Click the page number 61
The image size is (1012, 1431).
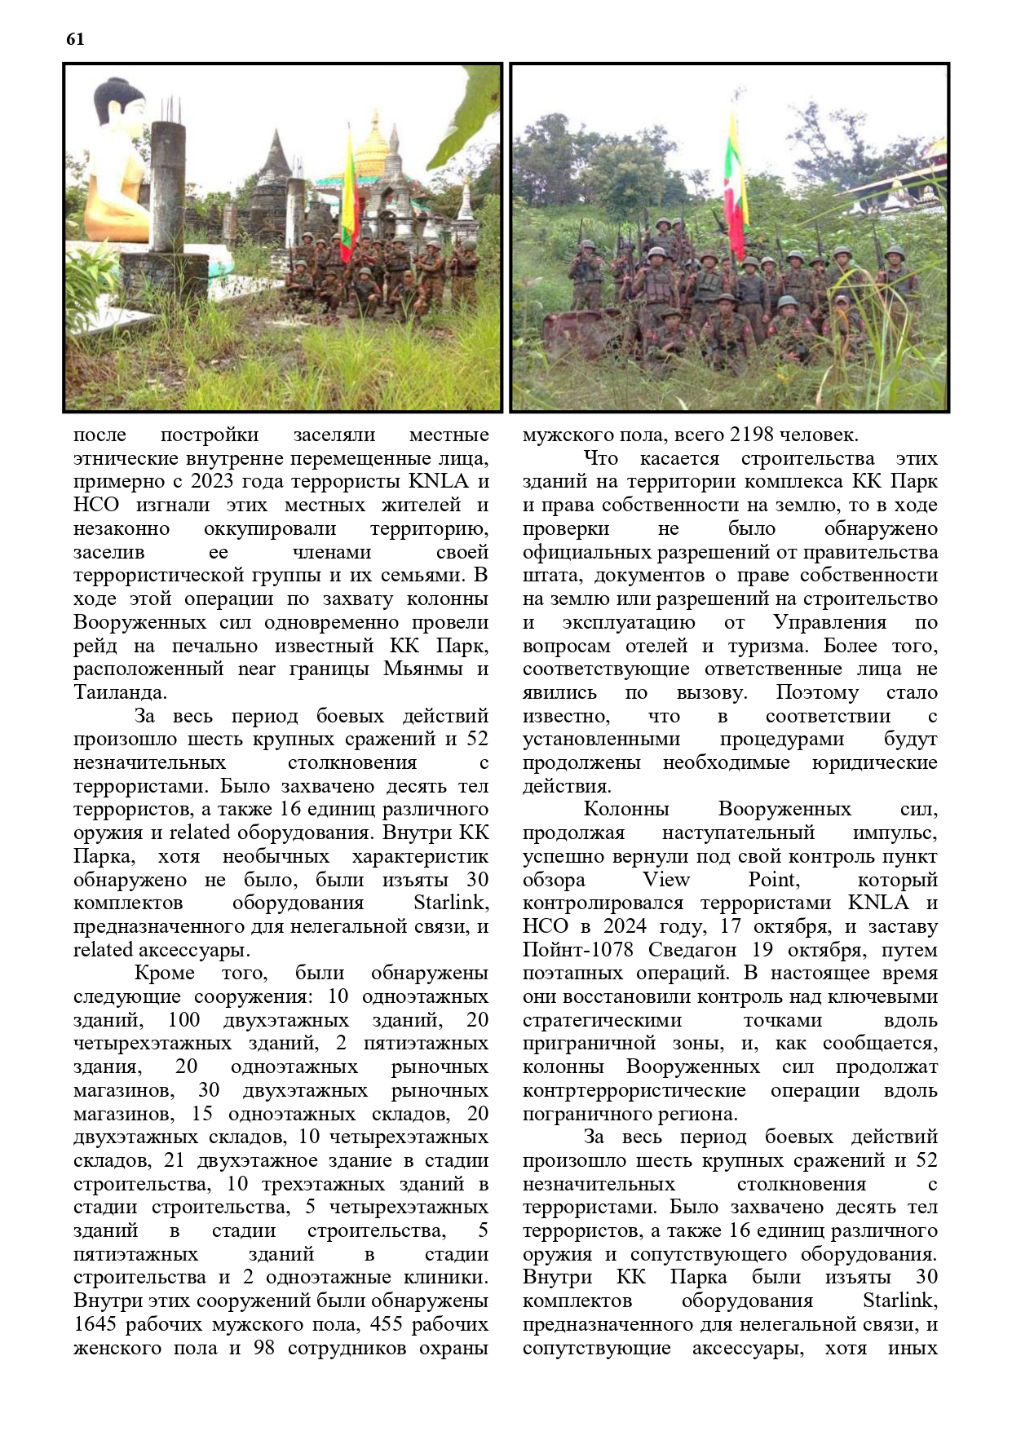[74, 39]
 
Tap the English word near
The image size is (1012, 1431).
[257, 669]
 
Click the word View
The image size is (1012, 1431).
[666, 880]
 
